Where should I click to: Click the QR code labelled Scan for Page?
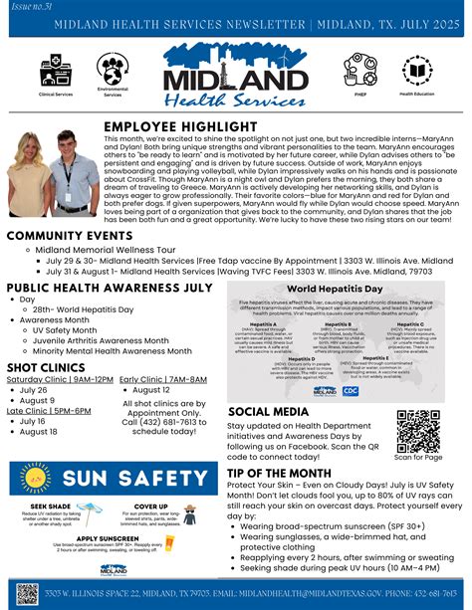click(418, 430)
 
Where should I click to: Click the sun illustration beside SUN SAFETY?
click(33, 479)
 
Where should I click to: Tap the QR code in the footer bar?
click(27, 593)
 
